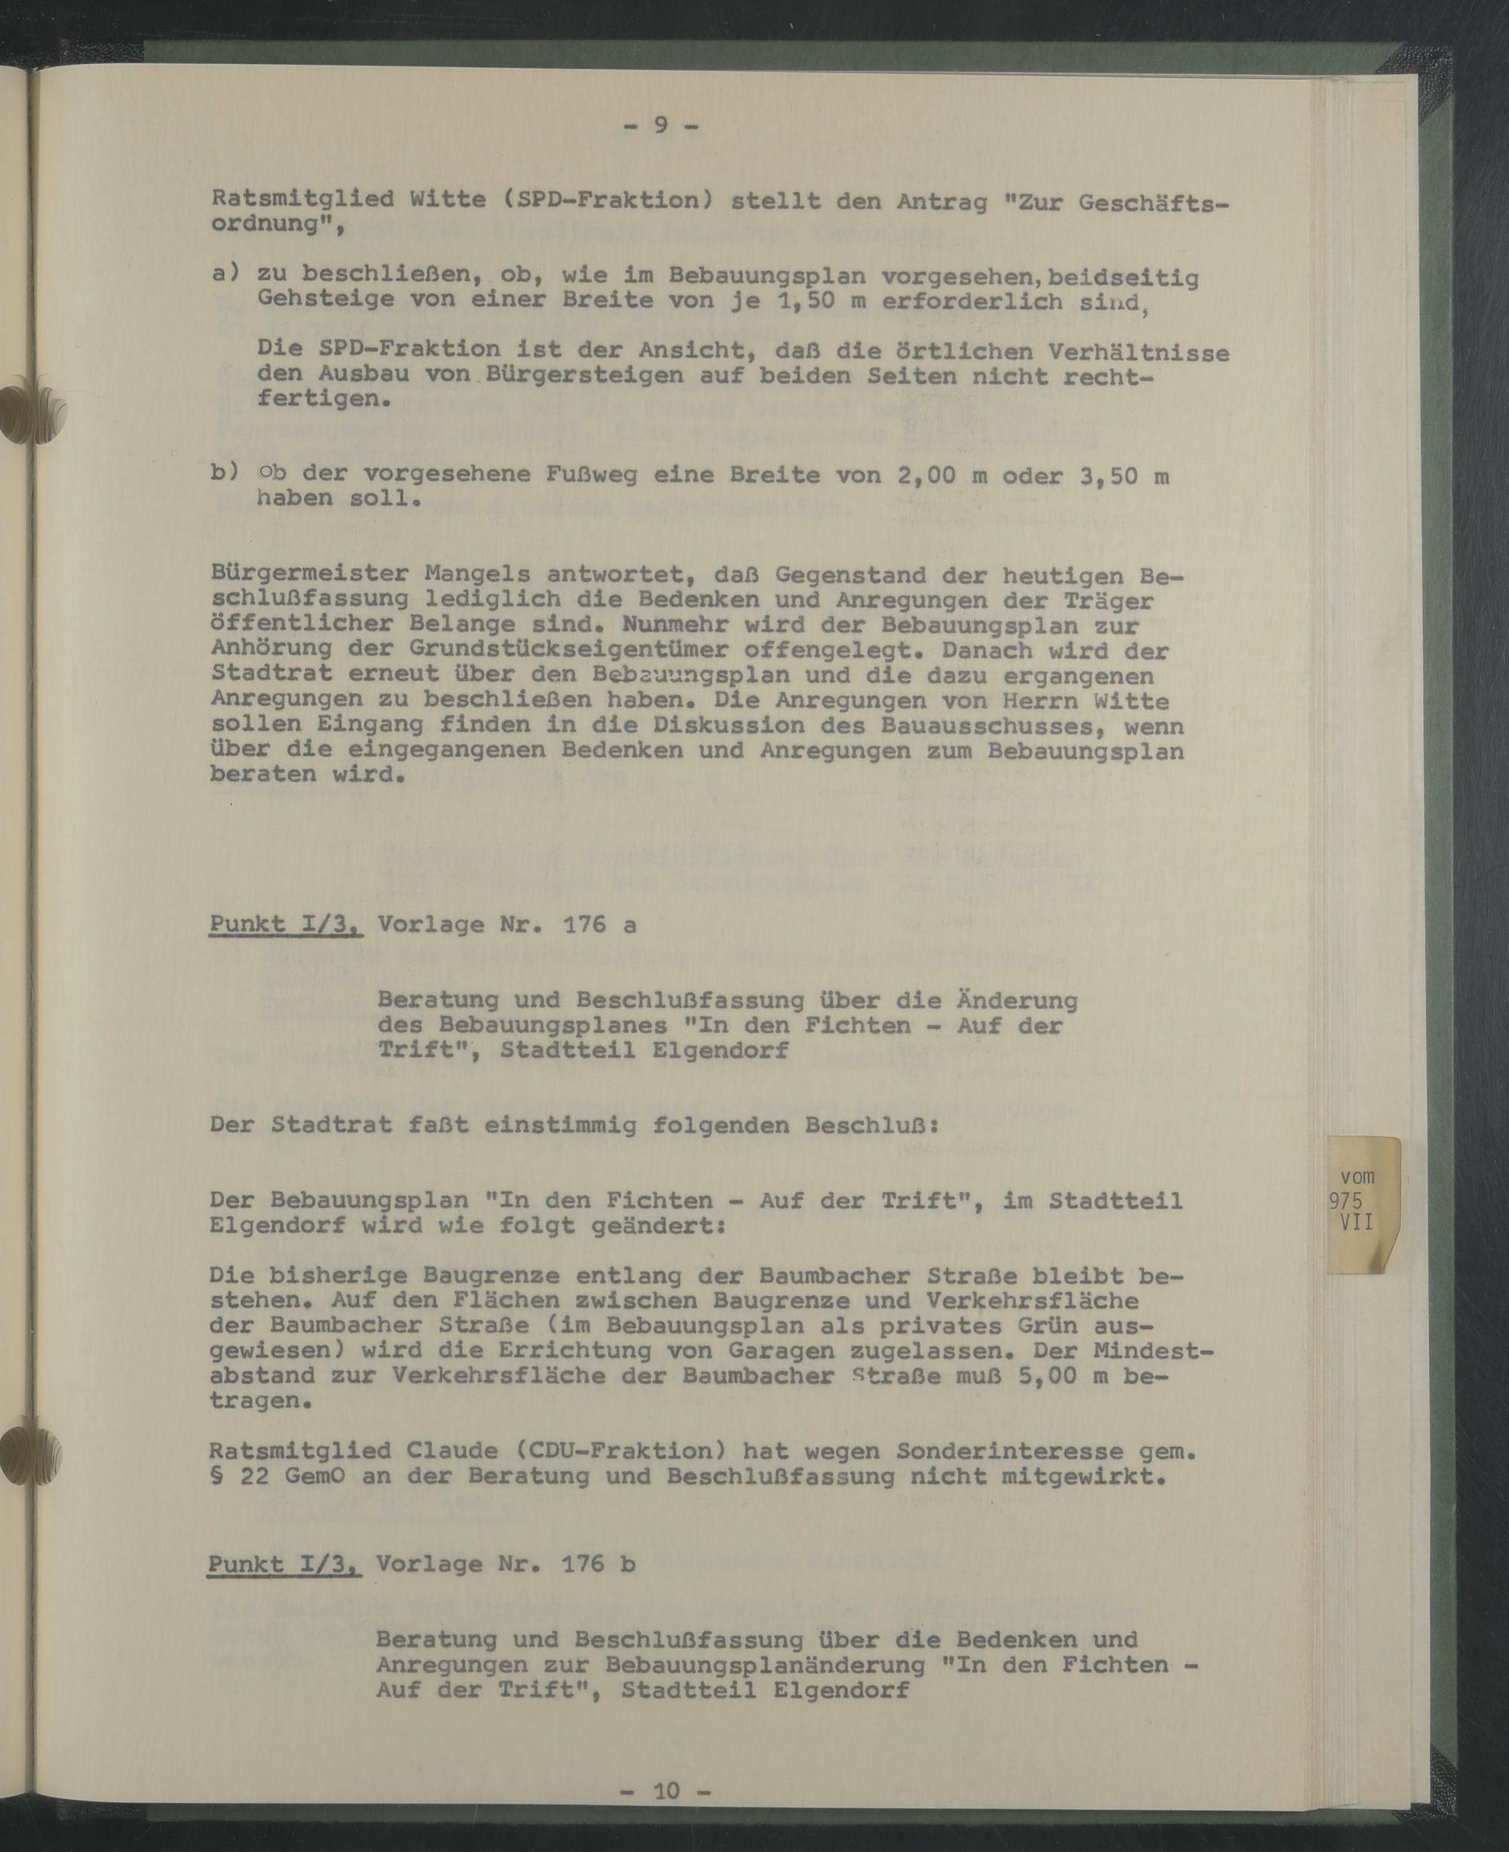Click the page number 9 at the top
point(661,125)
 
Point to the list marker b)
point(225,472)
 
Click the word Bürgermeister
point(310,574)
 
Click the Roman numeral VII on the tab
point(1357,1221)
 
